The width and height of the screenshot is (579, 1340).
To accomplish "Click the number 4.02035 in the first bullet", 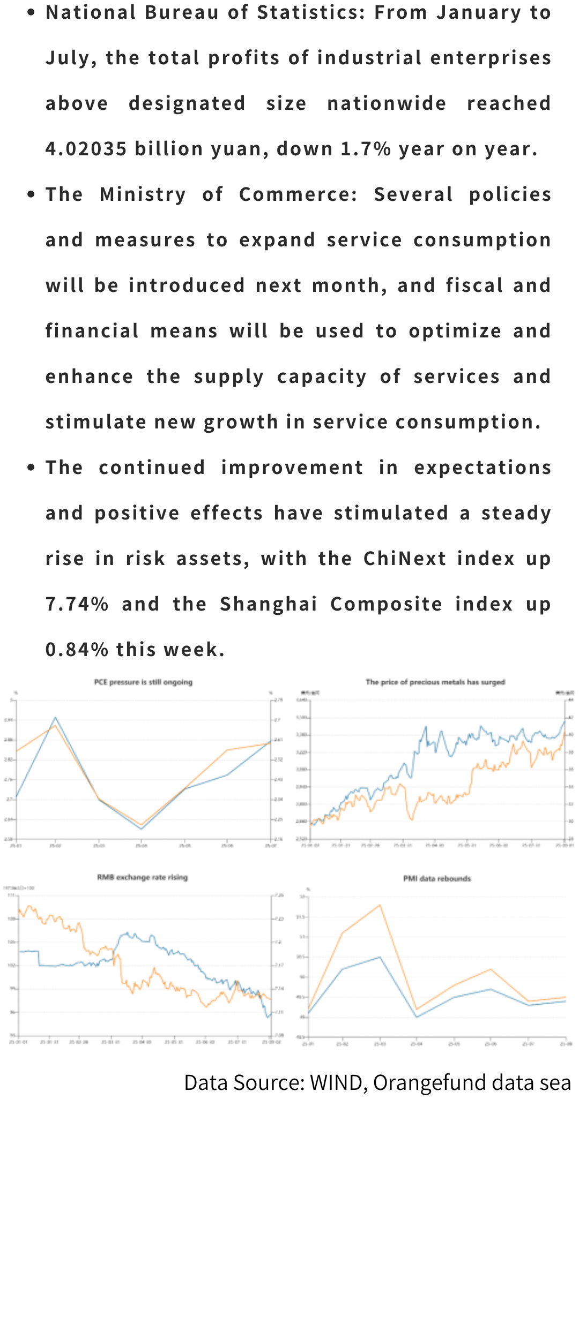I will tap(86, 149).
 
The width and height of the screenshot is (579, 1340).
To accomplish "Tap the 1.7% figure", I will tap(366, 149).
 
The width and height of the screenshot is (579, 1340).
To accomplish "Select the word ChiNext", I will tap(405, 559).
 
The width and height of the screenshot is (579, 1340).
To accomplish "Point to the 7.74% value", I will tap(77, 604).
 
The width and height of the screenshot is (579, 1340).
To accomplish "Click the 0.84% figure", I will tap(77, 650).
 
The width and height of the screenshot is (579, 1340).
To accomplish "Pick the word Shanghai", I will tap(269, 604).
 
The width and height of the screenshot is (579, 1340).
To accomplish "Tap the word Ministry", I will tap(143, 194).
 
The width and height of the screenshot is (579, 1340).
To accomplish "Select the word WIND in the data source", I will tap(336, 1082).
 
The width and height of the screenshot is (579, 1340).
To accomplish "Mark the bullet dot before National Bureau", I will tap(31, 12).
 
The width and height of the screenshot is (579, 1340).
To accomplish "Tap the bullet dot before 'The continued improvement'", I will tap(31, 468).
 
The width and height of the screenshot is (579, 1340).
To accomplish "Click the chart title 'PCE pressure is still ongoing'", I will tap(143, 682).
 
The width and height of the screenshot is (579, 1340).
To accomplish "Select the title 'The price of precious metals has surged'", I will tap(435, 682).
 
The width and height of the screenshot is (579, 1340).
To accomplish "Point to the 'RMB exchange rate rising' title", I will tap(143, 877).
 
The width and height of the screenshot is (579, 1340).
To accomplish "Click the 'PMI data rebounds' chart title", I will tap(437, 878).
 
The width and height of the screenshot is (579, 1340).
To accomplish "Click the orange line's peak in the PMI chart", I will tap(380, 905).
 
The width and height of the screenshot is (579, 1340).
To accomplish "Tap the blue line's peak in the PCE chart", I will tap(55, 718).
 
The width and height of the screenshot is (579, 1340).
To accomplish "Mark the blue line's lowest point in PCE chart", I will tap(142, 829).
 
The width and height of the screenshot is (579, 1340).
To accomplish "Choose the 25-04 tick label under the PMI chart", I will tap(417, 1043).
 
